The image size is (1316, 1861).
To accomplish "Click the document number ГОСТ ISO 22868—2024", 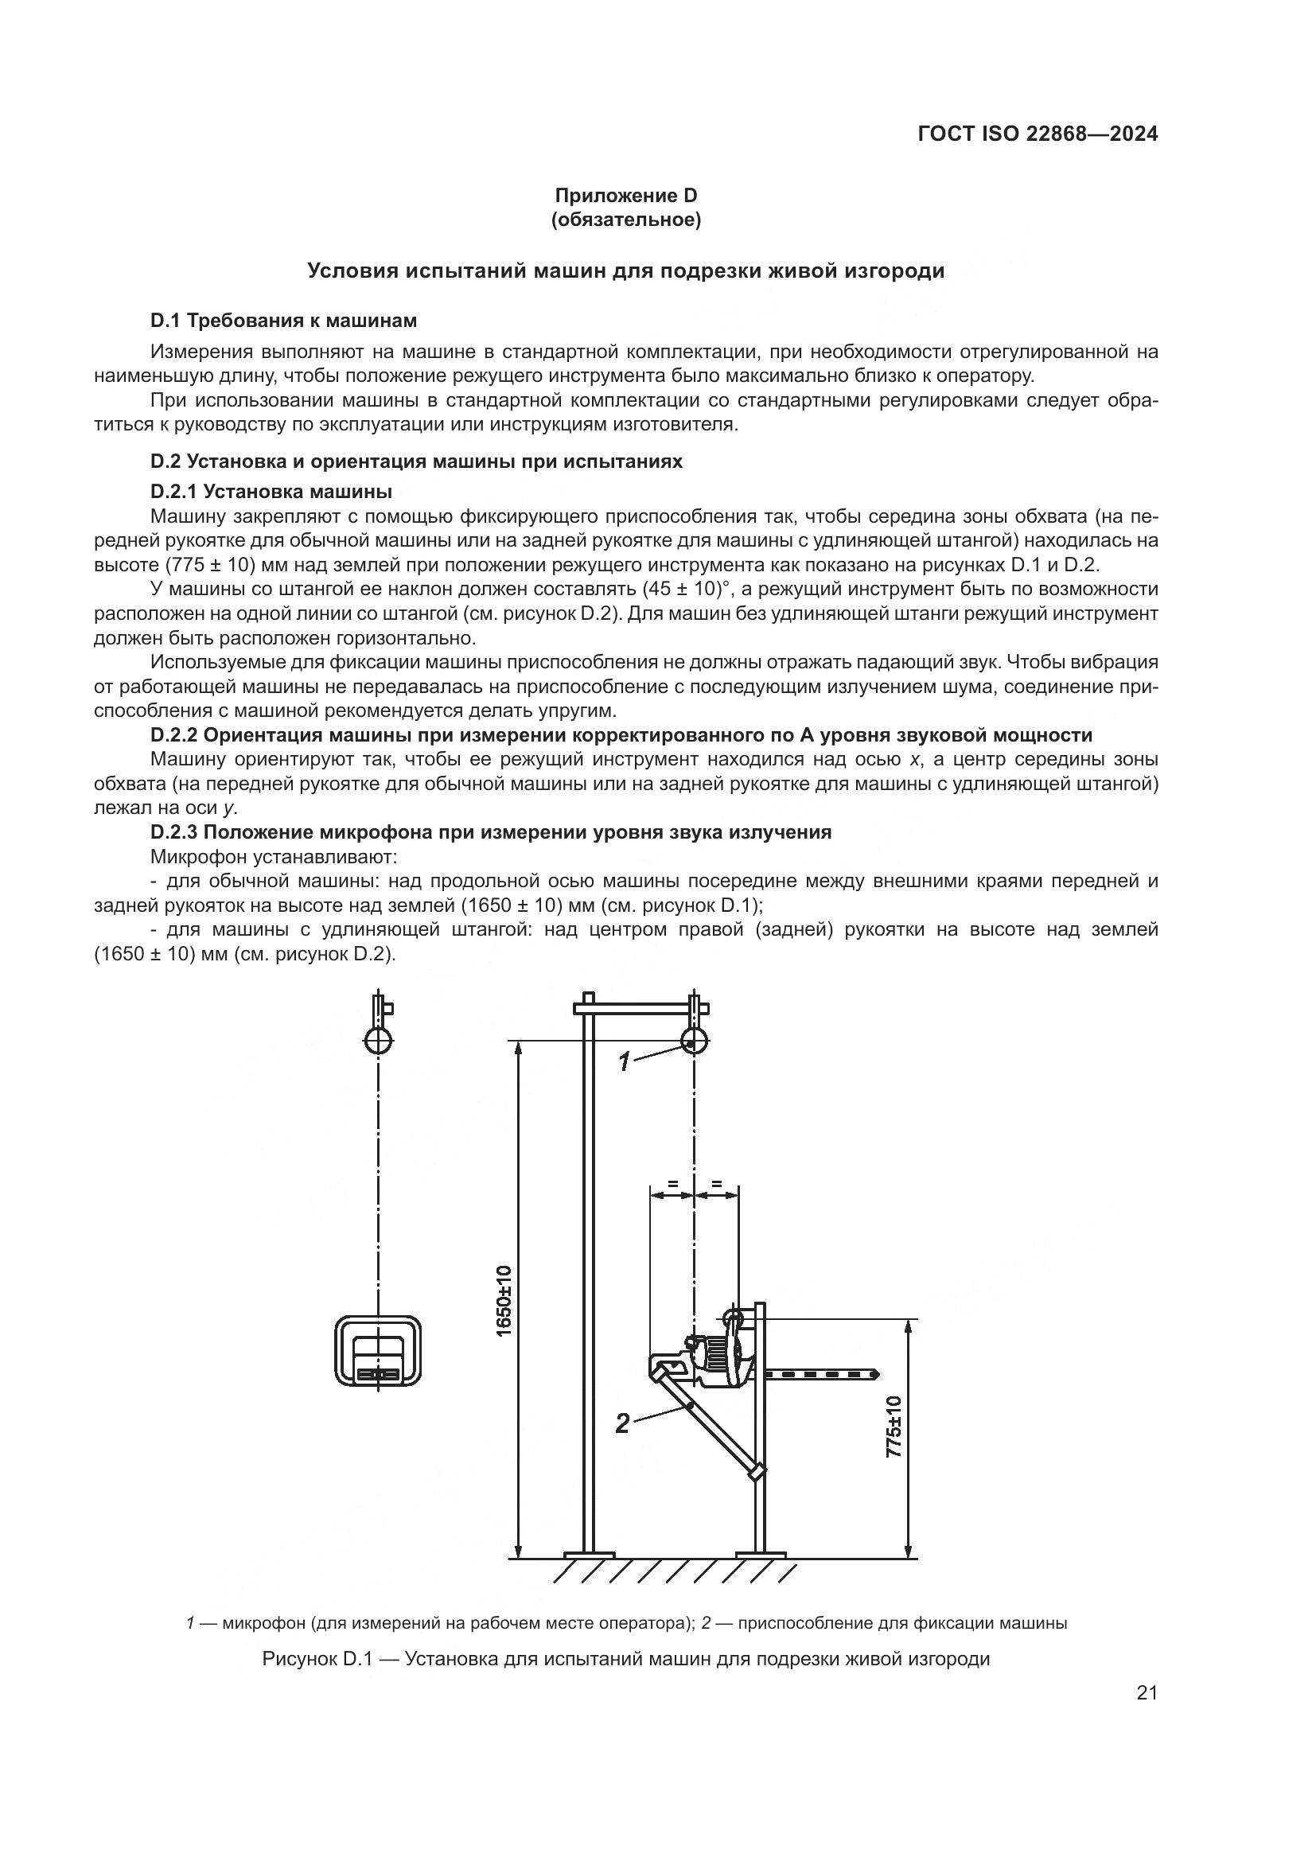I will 1038,134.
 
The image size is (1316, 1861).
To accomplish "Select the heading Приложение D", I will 625,196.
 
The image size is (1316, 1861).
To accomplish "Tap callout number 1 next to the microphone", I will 624,1062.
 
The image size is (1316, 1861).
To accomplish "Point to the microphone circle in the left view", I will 379,1041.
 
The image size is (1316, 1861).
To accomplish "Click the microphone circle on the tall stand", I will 694,1041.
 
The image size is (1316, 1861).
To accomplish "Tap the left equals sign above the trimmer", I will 672,1185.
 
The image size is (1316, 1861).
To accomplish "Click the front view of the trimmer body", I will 379,1350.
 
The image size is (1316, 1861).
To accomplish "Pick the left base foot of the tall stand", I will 589,1554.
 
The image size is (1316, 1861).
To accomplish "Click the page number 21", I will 1147,1694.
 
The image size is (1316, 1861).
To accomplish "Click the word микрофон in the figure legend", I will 264,1624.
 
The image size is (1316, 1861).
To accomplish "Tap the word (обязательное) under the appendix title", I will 625,220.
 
